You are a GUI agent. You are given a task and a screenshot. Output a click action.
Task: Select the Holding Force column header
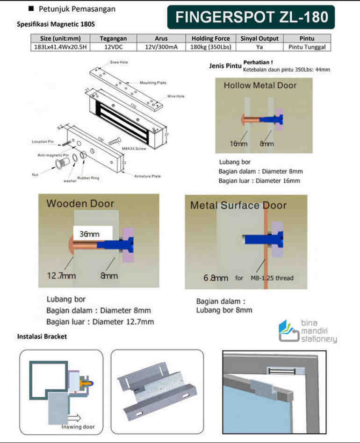(211, 39)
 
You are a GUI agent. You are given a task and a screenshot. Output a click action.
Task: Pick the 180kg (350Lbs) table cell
(211, 47)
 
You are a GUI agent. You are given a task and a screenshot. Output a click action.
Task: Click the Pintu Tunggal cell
(307, 47)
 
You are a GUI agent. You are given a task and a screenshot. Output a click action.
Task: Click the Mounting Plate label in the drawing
(153, 83)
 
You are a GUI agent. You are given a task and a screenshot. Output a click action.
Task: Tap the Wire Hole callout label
(176, 96)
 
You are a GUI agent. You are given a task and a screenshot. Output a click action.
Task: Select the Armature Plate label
(147, 176)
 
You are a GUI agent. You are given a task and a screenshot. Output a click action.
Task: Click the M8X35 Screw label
(134, 149)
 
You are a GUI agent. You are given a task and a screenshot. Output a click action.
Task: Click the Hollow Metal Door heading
(260, 86)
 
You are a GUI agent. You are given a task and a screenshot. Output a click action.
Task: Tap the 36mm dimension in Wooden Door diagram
(89, 232)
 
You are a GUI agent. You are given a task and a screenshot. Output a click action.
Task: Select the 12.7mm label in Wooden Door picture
(61, 276)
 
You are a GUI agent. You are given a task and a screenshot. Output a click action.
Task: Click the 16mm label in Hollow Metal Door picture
(238, 143)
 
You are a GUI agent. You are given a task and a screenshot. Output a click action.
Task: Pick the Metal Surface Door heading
(238, 206)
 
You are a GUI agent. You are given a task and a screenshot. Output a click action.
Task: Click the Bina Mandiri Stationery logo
(307, 331)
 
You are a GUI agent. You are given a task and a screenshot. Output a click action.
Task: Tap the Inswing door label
(78, 427)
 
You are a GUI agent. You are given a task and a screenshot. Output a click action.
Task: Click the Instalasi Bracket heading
(42, 336)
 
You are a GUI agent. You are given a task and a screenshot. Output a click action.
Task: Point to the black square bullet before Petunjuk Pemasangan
(31, 8)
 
